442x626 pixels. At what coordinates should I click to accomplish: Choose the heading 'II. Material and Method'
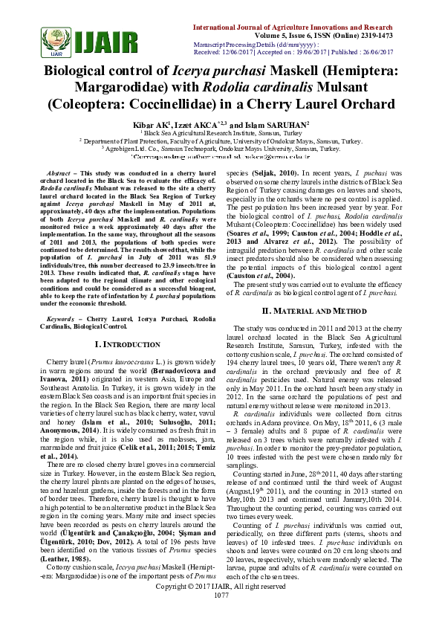pos(320,309)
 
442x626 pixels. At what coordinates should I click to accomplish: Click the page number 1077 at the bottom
pos(221,616)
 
